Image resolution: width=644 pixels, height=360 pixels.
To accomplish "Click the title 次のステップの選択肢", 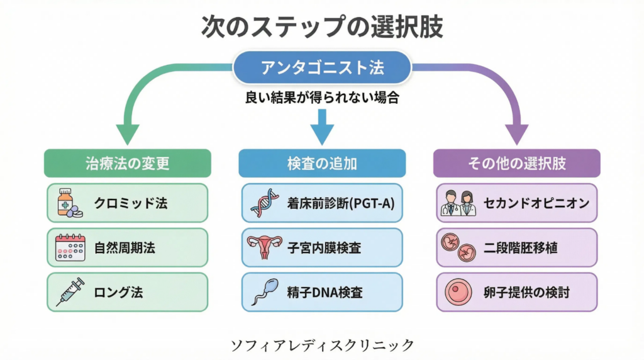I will (321, 26).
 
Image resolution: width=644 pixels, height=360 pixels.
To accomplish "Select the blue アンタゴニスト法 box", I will (321, 68).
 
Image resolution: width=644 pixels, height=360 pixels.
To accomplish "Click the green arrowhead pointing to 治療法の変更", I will (128, 133).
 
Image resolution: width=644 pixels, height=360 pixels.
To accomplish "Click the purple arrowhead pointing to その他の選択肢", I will (517, 133).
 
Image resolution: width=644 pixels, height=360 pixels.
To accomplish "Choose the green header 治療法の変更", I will (128, 163).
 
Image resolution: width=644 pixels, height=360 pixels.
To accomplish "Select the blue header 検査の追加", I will (321, 163).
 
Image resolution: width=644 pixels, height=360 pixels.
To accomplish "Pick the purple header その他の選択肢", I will (516, 163).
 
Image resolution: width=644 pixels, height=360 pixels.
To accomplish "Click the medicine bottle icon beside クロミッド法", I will (67, 203).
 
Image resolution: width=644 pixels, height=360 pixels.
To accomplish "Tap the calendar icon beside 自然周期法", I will (67, 248).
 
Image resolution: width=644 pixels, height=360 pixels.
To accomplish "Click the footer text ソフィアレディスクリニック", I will (323, 345).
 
